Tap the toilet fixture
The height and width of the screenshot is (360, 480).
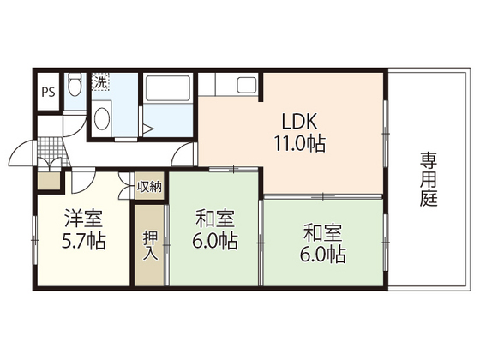[x=75, y=86]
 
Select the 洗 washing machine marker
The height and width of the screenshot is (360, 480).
[x=100, y=83]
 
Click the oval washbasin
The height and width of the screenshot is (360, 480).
[x=101, y=119]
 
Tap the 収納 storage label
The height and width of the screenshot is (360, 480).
[x=149, y=187]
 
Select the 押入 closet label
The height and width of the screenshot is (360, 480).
[x=149, y=243]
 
